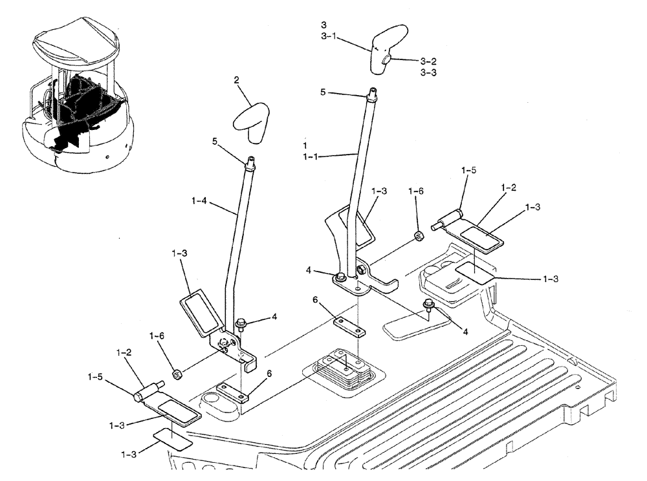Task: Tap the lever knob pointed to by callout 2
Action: tap(254, 122)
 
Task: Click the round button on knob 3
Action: tap(386, 60)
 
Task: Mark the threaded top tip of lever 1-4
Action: tap(248, 160)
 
